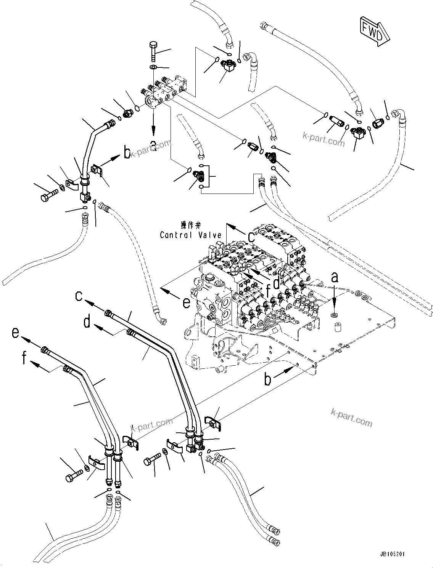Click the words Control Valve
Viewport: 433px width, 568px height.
click(190, 235)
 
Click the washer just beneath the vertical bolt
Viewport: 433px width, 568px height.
click(153, 67)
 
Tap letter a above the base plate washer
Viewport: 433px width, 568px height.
click(334, 278)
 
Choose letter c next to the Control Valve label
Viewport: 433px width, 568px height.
click(251, 237)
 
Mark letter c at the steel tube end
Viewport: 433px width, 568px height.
click(79, 296)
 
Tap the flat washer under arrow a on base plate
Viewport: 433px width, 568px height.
click(334, 315)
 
